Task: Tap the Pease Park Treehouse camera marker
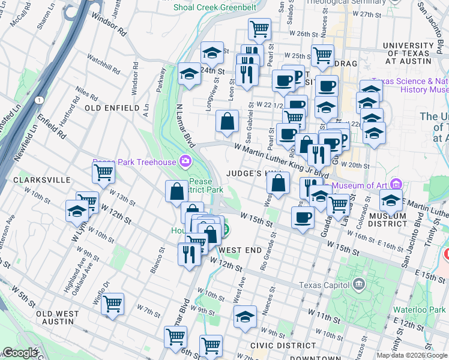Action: [185, 161]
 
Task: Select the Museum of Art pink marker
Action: [395, 184]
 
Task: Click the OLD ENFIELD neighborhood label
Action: [112, 107]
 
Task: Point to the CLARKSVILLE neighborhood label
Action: [36, 180]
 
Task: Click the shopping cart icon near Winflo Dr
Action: [112, 304]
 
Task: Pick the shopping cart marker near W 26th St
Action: [259, 28]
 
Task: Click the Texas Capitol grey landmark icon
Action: [359, 283]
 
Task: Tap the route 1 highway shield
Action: [39, 99]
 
